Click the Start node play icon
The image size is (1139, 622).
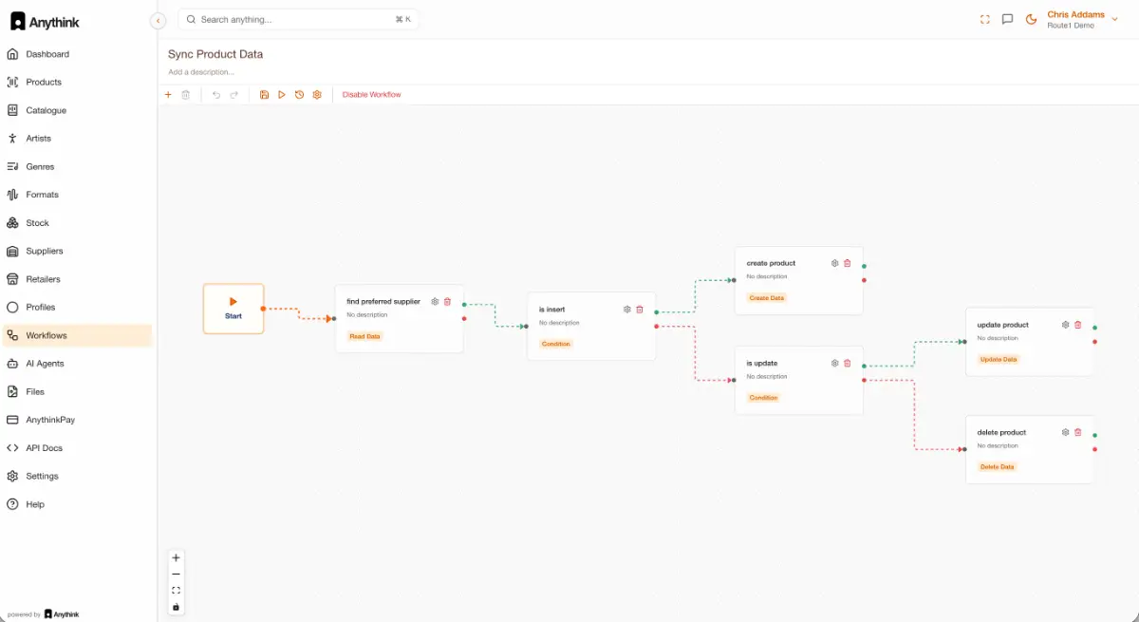(233, 302)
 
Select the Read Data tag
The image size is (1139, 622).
(364, 336)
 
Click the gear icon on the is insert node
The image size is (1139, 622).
(627, 310)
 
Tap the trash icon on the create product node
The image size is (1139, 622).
(847, 263)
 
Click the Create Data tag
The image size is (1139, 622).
(766, 298)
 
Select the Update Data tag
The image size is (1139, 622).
(999, 360)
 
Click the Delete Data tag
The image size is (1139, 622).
(997, 467)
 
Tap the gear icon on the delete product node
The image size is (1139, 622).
(1065, 432)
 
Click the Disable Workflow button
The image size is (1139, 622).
(371, 95)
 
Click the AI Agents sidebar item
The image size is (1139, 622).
(45, 364)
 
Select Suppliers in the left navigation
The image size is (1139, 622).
(45, 252)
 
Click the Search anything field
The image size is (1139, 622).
(298, 19)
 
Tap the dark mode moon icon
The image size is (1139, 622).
(1031, 19)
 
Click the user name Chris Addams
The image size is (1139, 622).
(1075, 15)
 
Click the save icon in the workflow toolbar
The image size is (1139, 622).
(264, 95)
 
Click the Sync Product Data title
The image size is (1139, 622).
(215, 54)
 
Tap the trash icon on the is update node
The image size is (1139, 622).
(847, 363)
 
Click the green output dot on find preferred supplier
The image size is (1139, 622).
(464, 305)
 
